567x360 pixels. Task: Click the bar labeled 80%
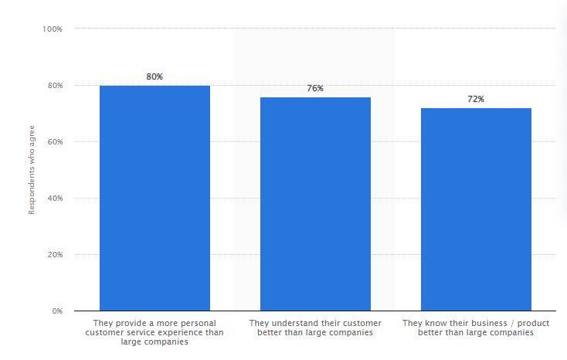[x=154, y=198]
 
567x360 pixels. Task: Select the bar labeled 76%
[x=315, y=204]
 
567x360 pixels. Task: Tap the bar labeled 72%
[x=476, y=209]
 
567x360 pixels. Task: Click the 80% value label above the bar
[x=154, y=76]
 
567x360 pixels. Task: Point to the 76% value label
[x=315, y=88]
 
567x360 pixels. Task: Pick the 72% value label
[x=476, y=99]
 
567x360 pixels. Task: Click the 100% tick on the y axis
[x=53, y=29]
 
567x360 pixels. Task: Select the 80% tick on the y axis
[x=54, y=86]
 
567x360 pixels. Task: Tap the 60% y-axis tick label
[x=54, y=142]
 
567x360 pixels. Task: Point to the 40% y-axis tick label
[x=54, y=199]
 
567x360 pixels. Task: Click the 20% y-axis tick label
[x=54, y=255]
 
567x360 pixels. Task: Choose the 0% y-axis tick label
[x=56, y=311]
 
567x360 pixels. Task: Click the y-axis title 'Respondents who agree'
[x=32, y=170]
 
